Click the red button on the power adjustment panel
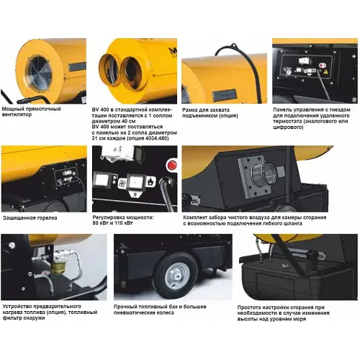[171, 165]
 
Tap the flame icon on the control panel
[150, 182]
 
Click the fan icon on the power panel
[122, 183]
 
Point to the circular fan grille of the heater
[39, 72]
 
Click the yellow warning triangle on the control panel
[325, 71]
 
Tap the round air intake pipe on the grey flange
[264, 173]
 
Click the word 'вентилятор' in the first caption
[17, 114]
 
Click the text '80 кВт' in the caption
[99, 223]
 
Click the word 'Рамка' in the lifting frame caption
[190, 110]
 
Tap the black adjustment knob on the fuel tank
[312, 256]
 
